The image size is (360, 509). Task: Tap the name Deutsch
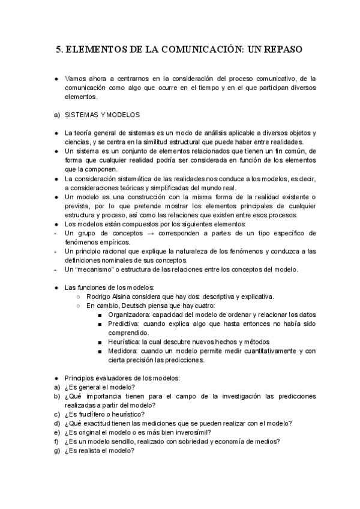pyautogui.click(x=129, y=306)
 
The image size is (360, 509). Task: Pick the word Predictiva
pyautogui.click(x=124, y=324)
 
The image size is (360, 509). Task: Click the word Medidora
pyautogui.click(x=123, y=351)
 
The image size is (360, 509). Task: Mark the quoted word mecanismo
pyautogui.click(x=98, y=270)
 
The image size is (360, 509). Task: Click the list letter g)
pyautogui.click(x=56, y=451)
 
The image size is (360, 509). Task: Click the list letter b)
pyautogui.click(x=56, y=396)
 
